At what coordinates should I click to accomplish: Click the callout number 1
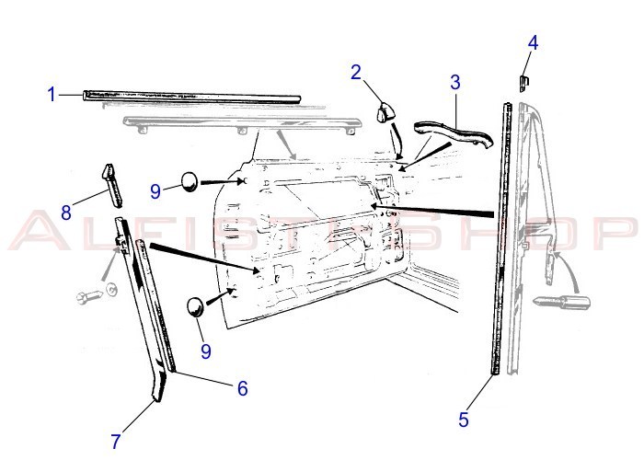tap(51, 95)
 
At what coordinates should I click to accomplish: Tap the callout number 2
tap(356, 73)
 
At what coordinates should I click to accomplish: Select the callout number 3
tap(455, 82)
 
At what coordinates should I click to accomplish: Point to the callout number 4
tap(533, 42)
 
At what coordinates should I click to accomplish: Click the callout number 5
tap(464, 420)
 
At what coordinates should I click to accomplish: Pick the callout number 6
tap(243, 388)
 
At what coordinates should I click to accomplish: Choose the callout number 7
tap(116, 442)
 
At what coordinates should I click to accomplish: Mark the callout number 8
tap(66, 213)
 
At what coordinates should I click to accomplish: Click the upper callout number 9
tap(155, 191)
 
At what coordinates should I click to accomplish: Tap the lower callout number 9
tap(206, 351)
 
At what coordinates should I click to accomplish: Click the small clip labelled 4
tap(523, 81)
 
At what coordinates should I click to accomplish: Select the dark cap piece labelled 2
tap(385, 111)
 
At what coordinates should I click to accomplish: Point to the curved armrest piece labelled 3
tap(454, 133)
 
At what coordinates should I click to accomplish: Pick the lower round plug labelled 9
tap(195, 307)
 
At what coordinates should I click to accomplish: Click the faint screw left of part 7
tap(89, 296)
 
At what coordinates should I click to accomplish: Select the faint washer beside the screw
tap(111, 290)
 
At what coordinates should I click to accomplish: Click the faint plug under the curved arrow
tap(561, 302)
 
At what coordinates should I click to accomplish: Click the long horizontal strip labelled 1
tap(191, 97)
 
